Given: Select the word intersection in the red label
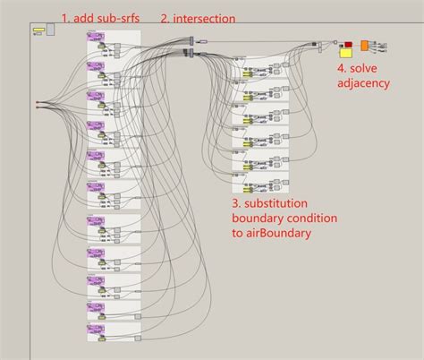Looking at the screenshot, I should pyautogui.click(x=205, y=19).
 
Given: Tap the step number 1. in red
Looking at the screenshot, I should pyautogui.click(x=65, y=19).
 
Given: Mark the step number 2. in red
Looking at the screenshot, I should pyautogui.click(x=165, y=19).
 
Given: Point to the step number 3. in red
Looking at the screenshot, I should pyautogui.click(x=237, y=203).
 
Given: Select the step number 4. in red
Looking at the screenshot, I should pyautogui.click(x=342, y=67).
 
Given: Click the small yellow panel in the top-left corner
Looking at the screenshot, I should pyautogui.click(x=38, y=30).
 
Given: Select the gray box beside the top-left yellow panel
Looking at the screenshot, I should pyautogui.click(x=50, y=29).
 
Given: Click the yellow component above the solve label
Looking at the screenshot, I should pyautogui.click(x=345, y=52).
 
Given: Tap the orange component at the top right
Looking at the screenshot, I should pyautogui.click(x=365, y=45).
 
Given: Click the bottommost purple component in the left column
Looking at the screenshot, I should pyautogui.click(x=95, y=329).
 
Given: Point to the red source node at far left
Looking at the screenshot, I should pyautogui.click(x=37, y=104).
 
